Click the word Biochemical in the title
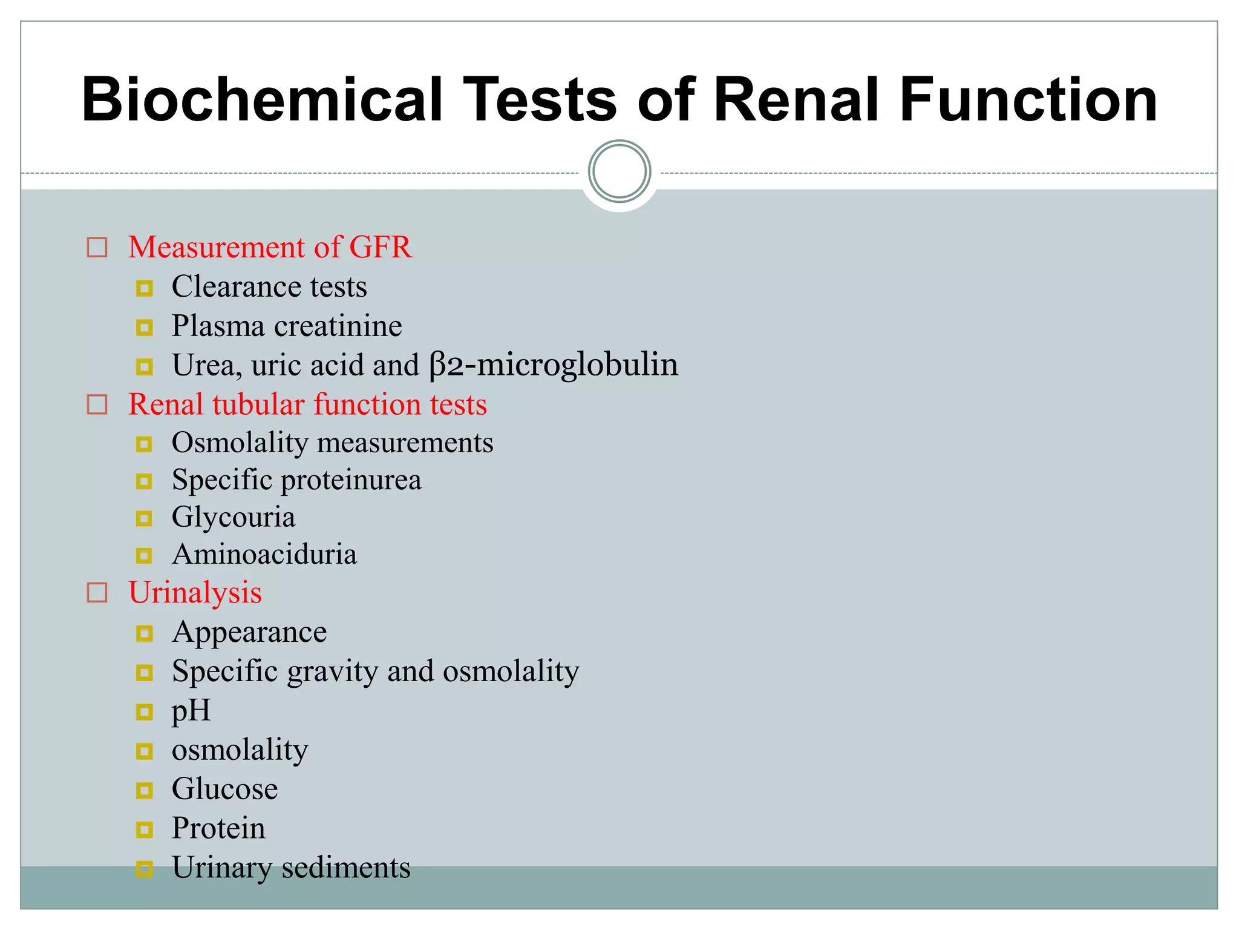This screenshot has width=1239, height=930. [262, 100]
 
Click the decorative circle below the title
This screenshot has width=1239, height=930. [619, 171]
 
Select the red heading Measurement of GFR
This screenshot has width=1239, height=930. [270, 247]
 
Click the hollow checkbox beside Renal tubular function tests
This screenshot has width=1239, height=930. [97, 404]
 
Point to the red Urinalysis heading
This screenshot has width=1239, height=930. [195, 592]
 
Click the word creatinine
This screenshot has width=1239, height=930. [338, 326]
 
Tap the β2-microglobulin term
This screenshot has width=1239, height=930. [554, 365]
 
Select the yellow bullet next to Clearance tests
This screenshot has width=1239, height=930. [144, 288]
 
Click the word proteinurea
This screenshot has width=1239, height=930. [351, 480]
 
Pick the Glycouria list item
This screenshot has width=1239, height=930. [234, 518]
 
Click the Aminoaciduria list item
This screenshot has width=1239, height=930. [264, 555]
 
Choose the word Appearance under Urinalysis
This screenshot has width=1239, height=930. [249, 633]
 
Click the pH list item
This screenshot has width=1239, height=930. [191, 710]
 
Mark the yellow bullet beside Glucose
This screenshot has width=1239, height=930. [144, 790]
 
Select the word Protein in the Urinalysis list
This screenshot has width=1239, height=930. [218, 828]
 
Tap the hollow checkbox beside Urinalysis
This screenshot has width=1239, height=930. [97, 593]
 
